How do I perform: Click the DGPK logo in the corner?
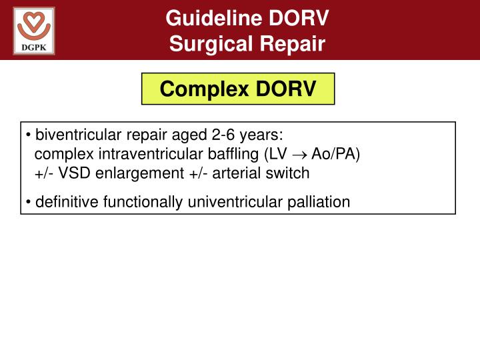pyautogui.click(x=34, y=30)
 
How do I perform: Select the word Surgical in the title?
pyautogui.click(x=207, y=44)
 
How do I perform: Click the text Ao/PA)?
pyautogui.click(x=336, y=155)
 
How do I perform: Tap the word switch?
pyautogui.click(x=290, y=173)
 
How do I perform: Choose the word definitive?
pyautogui.click(x=63, y=201)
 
